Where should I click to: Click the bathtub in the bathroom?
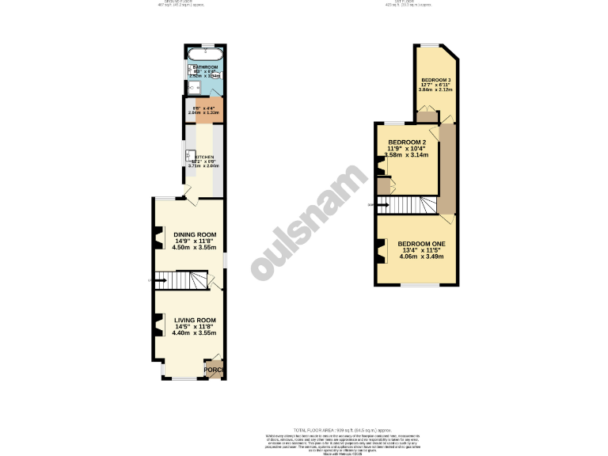tap(206, 56)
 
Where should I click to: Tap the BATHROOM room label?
tap(206, 68)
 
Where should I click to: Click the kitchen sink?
tap(191, 156)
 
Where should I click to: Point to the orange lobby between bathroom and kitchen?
tap(206, 109)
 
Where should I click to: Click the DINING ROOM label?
tap(195, 234)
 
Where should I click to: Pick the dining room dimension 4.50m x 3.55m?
tap(195, 248)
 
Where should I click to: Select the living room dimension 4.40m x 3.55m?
tap(195, 333)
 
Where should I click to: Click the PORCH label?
tap(213, 370)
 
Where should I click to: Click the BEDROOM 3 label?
tap(436, 81)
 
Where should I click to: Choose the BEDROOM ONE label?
tap(421, 243)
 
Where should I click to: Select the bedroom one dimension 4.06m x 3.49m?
tap(421, 256)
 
